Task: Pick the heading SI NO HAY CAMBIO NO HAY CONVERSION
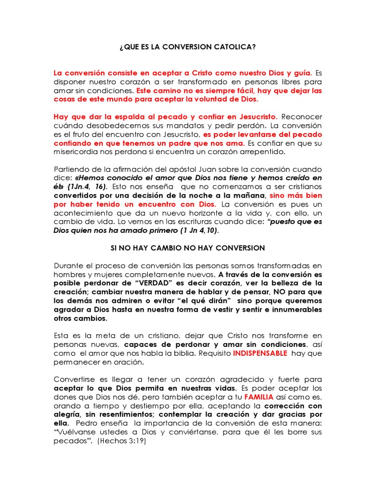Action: [x=188, y=248]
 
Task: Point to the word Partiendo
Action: [x=71, y=169]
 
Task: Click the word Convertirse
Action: [x=74, y=379]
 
